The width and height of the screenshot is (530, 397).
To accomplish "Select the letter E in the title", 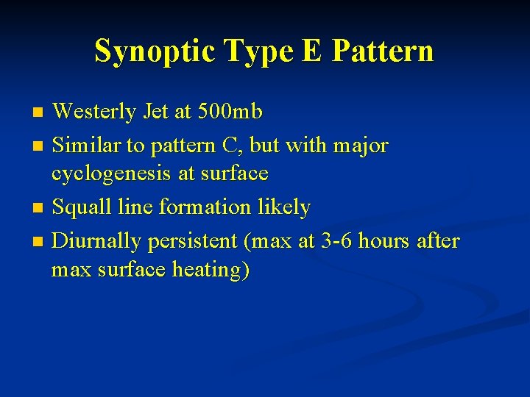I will coord(310,51).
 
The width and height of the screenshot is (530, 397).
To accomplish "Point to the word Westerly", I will coord(94,112).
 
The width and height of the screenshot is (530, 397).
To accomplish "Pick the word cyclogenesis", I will coord(110,174).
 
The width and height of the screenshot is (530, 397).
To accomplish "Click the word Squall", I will coord(82,207).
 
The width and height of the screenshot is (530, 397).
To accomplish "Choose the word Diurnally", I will coord(99,241).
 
